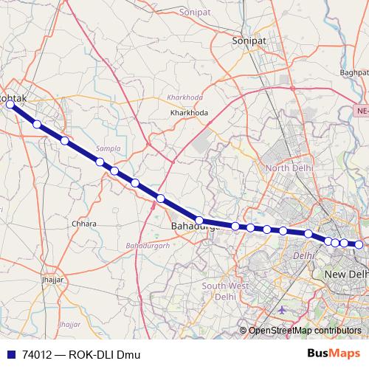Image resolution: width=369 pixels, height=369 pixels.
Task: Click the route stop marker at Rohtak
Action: click(10, 105)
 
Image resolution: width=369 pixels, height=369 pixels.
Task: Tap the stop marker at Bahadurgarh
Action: click(199, 220)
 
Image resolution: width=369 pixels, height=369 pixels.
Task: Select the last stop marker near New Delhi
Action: click(359, 244)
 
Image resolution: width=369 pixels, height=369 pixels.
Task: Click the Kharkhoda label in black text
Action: click(189, 112)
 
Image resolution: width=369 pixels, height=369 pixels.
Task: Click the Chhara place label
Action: click(84, 224)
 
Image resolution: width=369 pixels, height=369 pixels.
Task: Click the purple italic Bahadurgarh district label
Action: click(148, 244)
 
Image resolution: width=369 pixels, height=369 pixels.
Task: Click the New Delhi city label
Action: click(346, 275)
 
